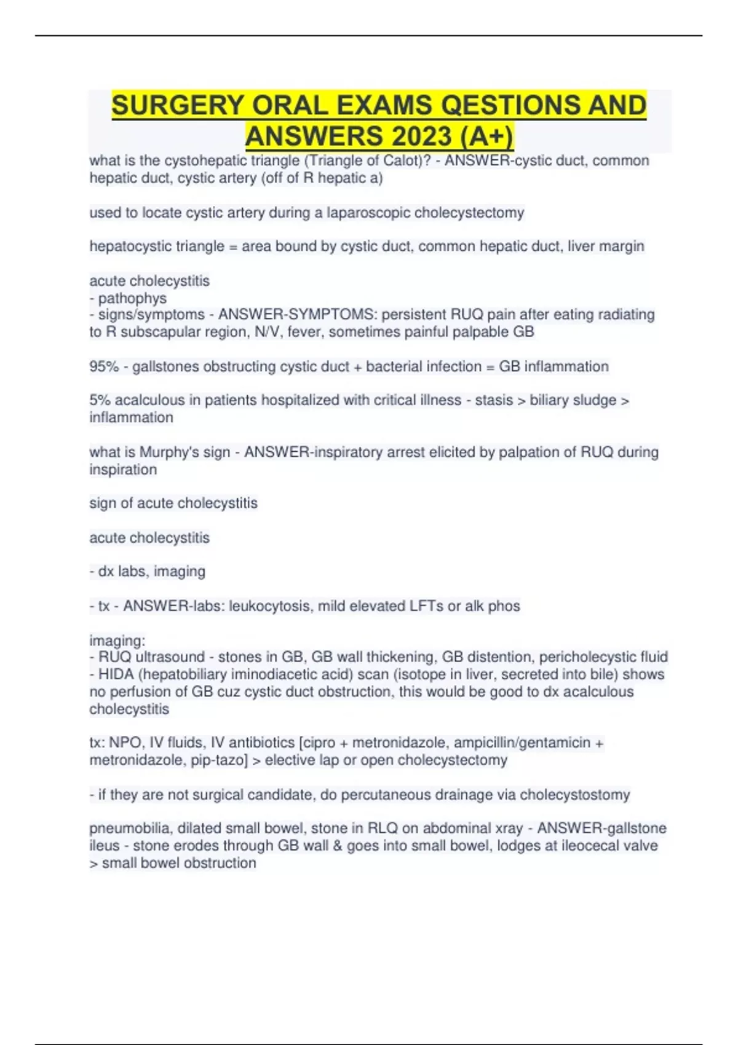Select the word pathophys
132,298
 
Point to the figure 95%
104,366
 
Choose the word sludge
590,400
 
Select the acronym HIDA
116,674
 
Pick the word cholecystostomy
574,795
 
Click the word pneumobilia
130,829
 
